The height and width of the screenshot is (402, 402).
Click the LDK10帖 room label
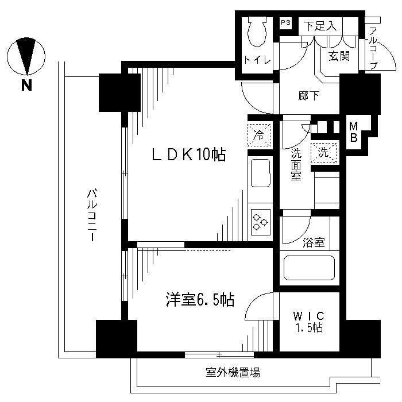(188, 154)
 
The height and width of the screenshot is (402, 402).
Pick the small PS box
(285, 24)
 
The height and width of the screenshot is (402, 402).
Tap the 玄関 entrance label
(338, 56)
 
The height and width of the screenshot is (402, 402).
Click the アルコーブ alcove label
(373, 49)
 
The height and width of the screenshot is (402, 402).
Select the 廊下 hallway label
(310, 96)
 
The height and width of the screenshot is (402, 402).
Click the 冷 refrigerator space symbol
(259, 136)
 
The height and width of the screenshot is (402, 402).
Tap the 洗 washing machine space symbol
(323, 153)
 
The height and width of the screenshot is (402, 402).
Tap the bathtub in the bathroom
(309, 268)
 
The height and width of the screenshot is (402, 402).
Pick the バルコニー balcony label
(91, 215)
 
